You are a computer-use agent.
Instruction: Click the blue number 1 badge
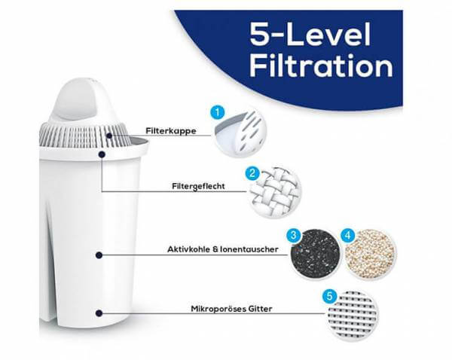[x=219, y=112]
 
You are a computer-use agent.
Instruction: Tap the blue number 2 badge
[x=254, y=172]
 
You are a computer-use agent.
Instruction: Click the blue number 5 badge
[x=329, y=297]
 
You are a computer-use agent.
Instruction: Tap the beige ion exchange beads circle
[x=369, y=254]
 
